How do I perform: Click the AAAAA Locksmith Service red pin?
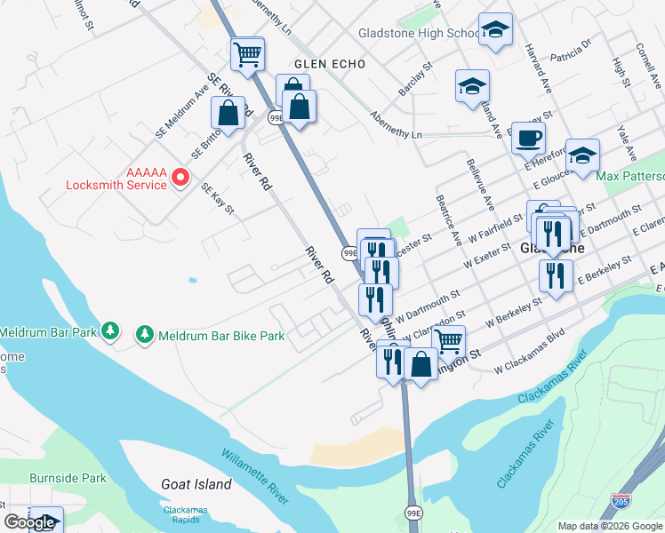point(180,178)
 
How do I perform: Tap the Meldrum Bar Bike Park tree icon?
point(144,335)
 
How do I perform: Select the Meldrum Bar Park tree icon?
point(110,331)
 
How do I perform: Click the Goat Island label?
point(196,484)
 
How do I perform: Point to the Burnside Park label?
point(68,477)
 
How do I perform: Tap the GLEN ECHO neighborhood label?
point(326,64)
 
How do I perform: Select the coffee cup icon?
point(528,139)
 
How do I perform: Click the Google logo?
point(29,522)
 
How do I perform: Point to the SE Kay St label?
point(217,200)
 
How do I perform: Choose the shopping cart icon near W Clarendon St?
point(449,341)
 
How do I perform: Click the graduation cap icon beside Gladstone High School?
point(495,29)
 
